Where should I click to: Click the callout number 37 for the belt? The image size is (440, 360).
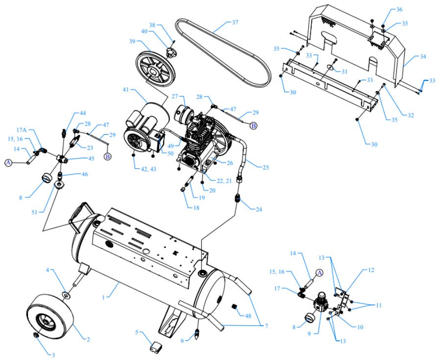235,23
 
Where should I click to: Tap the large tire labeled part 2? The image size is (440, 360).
49,315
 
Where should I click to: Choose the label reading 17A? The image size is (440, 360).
21,130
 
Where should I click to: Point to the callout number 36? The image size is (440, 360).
399,10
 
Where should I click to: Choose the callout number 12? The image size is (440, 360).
371,270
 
